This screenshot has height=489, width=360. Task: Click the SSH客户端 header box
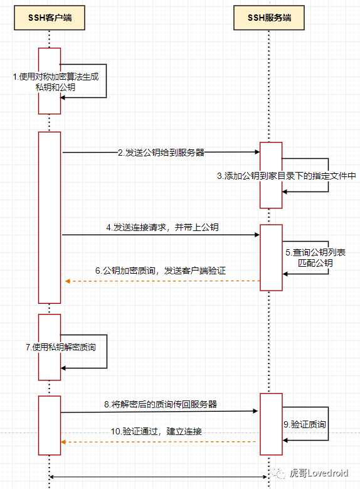49,18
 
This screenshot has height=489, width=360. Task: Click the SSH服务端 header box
269,18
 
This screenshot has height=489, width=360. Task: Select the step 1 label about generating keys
56,82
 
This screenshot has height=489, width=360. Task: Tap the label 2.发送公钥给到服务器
161,153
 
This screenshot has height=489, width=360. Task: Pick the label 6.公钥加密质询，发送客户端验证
160,271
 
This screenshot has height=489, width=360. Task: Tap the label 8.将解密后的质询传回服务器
161,404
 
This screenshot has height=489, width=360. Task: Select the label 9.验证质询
304,424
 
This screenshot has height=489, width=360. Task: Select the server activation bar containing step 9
271,424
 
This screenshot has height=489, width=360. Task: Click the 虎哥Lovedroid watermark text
319,471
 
